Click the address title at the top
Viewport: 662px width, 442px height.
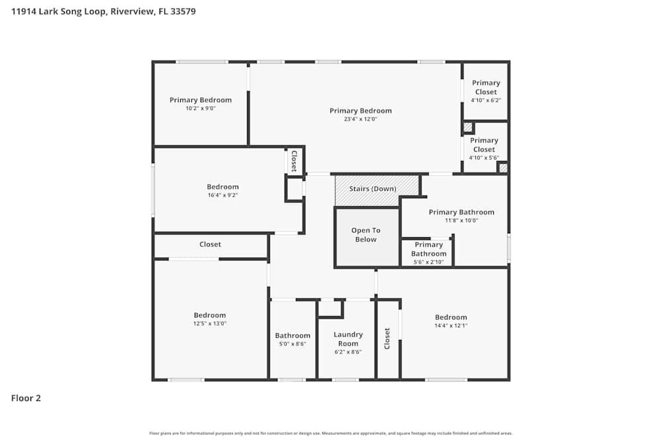(x=103, y=11)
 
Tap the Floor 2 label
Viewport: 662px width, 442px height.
(x=26, y=398)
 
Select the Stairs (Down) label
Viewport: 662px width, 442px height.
(x=373, y=189)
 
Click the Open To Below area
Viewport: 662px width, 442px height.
(x=366, y=235)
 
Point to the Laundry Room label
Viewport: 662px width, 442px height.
(x=348, y=339)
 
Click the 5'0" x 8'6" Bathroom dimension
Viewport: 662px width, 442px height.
(x=293, y=344)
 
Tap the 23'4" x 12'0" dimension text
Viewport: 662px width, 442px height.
(x=361, y=119)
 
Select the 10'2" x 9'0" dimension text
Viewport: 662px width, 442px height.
(x=201, y=108)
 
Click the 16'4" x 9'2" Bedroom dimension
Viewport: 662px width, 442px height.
(x=222, y=195)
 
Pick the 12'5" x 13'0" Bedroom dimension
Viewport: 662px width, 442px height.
(x=210, y=323)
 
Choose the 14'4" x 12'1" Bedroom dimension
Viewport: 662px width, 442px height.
(x=451, y=325)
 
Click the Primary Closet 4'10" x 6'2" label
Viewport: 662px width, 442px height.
(x=486, y=91)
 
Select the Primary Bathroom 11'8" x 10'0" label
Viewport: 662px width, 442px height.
(x=461, y=216)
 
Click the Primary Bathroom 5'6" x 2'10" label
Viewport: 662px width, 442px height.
(x=429, y=253)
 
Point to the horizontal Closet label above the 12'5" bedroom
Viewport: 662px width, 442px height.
(x=211, y=245)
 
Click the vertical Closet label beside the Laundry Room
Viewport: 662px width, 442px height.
(x=387, y=339)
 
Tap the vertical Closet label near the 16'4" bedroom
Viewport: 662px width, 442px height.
(x=295, y=161)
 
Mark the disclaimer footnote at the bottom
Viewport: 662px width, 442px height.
(x=331, y=433)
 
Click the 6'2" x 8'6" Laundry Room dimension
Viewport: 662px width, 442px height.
(x=348, y=352)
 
